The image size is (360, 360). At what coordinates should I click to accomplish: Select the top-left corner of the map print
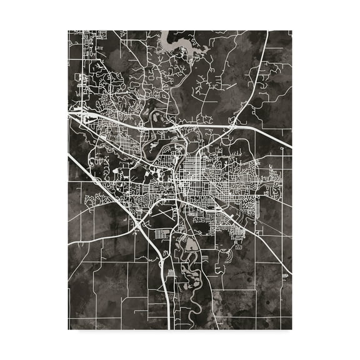(x=68, y=29)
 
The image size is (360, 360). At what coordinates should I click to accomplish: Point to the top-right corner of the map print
(x=291, y=29)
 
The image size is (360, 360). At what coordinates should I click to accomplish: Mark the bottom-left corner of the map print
(x=68, y=329)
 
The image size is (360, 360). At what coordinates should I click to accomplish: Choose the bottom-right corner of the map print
(x=291, y=329)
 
